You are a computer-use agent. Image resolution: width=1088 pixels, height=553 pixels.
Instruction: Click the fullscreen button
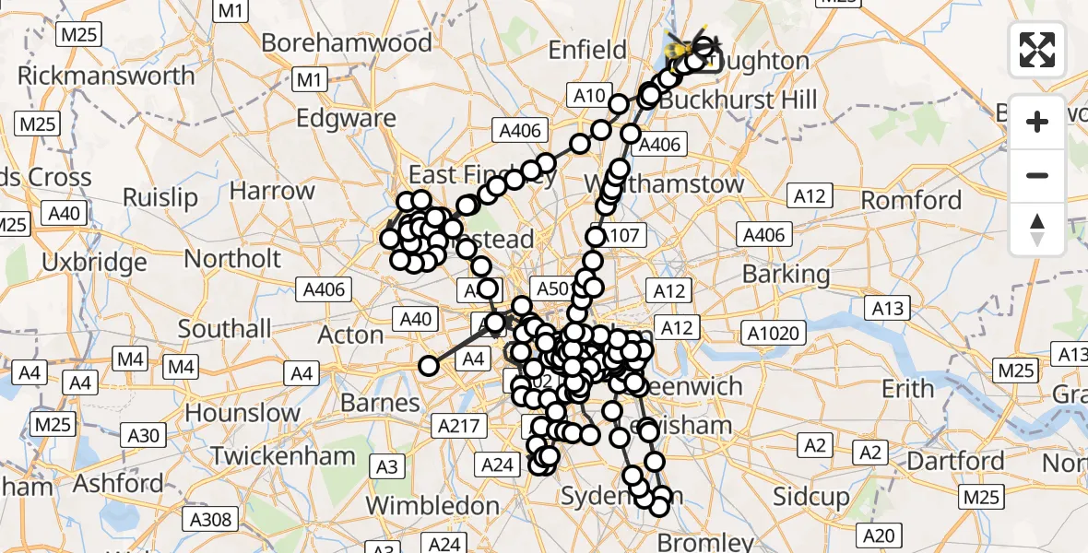click(x=1037, y=50)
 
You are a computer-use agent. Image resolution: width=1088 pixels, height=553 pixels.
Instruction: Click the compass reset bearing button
click(x=1037, y=229)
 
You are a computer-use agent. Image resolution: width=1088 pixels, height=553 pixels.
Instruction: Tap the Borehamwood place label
click(x=346, y=43)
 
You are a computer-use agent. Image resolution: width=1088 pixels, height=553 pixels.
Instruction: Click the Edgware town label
click(x=346, y=119)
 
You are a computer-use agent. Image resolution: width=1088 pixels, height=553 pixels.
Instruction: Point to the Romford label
click(x=911, y=200)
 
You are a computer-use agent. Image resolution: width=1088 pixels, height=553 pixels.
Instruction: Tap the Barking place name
click(x=786, y=274)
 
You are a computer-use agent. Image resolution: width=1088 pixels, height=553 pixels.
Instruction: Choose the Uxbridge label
click(x=94, y=263)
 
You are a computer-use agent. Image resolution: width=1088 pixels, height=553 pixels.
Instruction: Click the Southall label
click(x=224, y=329)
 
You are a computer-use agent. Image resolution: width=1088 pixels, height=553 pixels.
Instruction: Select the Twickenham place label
click(x=283, y=455)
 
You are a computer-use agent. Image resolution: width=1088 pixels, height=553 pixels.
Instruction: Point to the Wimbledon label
click(x=432, y=506)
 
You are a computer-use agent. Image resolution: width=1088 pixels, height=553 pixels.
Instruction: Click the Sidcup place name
click(x=810, y=498)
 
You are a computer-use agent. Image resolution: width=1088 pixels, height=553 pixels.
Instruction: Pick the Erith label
click(x=907, y=389)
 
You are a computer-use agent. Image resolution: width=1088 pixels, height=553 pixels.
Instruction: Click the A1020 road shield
click(x=775, y=333)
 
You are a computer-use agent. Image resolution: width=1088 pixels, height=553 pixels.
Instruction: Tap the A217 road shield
click(x=458, y=426)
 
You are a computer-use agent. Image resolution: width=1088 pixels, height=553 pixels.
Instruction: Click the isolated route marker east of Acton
click(x=428, y=366)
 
